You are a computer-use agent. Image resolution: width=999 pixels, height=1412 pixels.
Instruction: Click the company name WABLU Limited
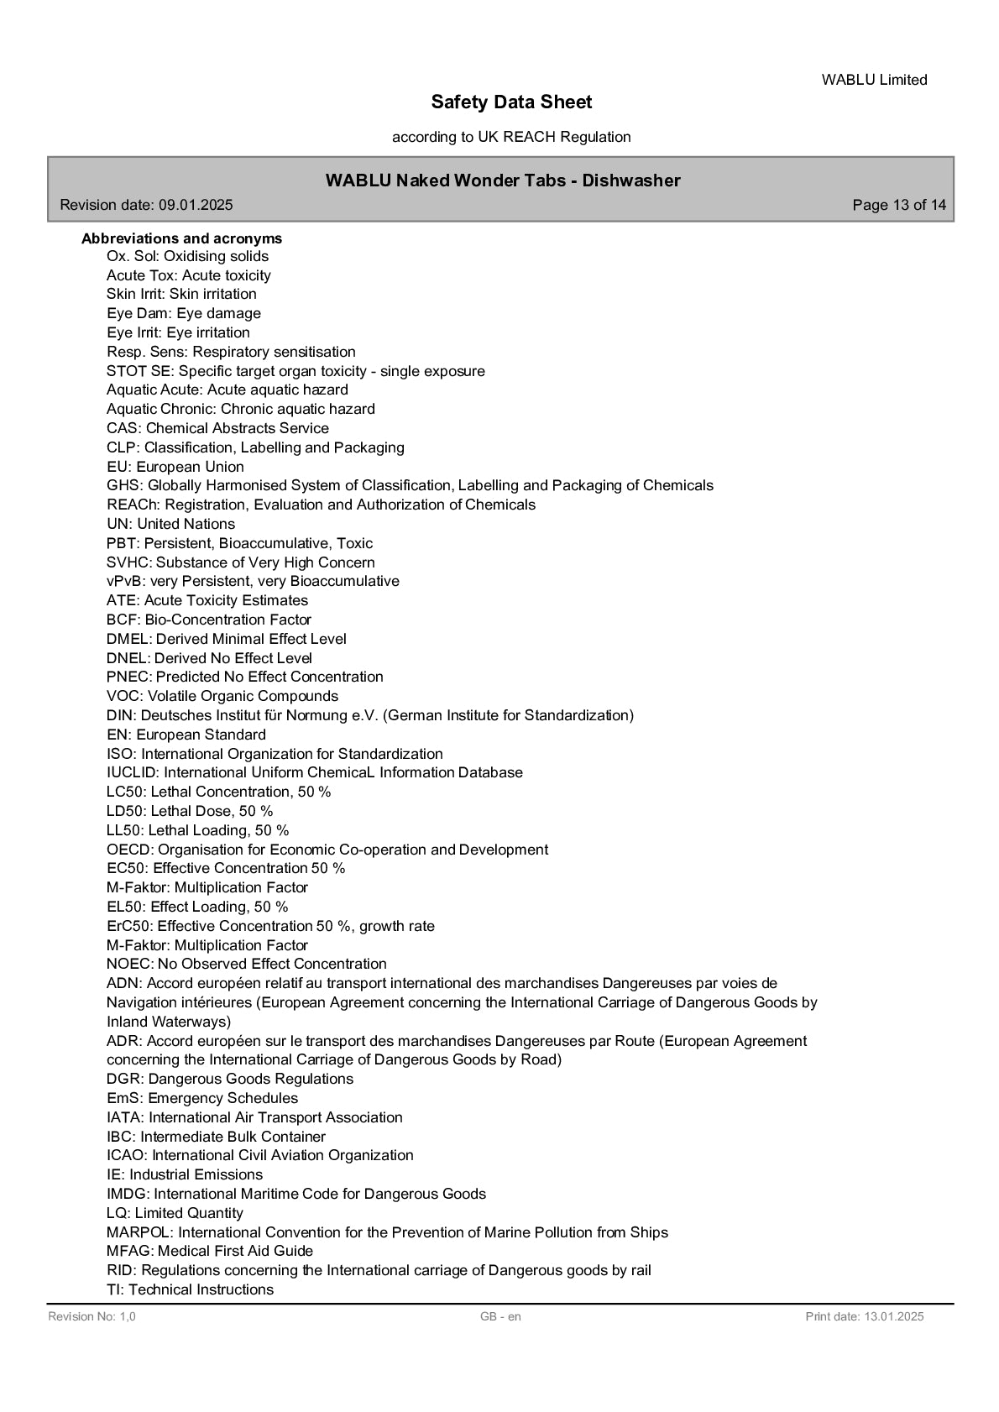click(874, 80)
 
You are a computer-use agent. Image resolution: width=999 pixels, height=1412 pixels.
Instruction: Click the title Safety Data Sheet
click(511, 102)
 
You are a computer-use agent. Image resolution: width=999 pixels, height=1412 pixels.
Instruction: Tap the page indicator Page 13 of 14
click(898, 205)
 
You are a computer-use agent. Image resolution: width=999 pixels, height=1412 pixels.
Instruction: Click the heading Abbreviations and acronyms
click(181, 238)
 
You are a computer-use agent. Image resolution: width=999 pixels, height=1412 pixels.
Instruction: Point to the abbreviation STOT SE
click(140, 371)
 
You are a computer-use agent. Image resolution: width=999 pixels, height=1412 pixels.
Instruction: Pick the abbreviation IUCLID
click(133, 772)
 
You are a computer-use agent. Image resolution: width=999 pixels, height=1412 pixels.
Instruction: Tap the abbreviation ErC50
click(128, 926)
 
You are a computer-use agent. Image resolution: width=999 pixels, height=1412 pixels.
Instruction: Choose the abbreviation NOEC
click(129, 964)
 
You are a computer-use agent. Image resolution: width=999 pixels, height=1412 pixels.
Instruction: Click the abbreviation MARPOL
click(139, 1232)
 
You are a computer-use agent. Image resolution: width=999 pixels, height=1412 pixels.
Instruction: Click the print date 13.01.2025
click(892, 1316)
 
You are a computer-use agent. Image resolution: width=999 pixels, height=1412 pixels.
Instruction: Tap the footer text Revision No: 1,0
click(92, 1316)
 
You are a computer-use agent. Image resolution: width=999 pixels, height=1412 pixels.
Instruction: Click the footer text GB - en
click(500, 1316)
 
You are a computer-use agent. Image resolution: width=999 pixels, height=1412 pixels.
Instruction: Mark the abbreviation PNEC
click(128, 677)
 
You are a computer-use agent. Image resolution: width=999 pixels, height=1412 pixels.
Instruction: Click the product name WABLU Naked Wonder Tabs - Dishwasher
click(503, 180)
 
